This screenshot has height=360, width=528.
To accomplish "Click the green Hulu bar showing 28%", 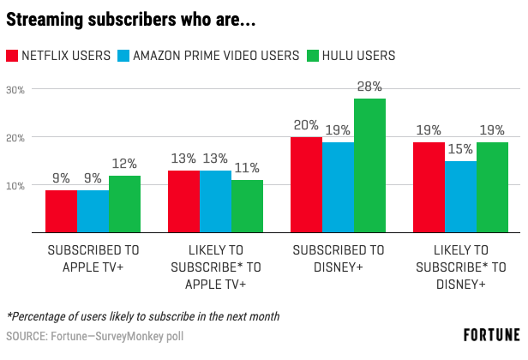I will point(369,165).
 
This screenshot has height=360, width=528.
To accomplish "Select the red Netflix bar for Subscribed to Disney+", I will point(306,185).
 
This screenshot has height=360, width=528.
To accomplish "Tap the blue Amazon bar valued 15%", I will point(460,197).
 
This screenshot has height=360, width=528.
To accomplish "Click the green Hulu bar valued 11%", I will point(247,207).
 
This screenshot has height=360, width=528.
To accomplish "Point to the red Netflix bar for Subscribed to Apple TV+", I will point(61,211).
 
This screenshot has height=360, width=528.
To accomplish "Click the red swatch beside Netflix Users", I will point(13,56).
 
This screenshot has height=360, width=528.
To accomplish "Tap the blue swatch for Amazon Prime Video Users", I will point(123,56).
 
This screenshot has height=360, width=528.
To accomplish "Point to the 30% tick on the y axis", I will point(16,89).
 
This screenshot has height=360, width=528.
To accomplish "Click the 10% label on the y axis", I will point(16,185).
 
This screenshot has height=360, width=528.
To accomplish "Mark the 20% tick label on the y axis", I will point(16,137).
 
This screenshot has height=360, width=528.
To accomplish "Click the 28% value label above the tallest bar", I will point(369,87).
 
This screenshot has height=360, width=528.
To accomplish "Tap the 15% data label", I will point(460,149).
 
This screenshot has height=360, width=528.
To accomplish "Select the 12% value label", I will point(124,164).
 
